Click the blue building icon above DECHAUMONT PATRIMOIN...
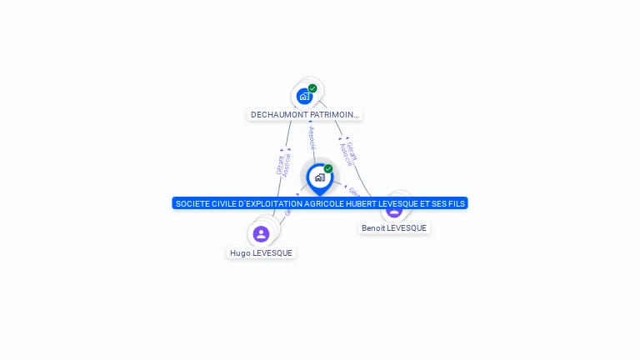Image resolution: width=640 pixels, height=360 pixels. click(x=304, y=97)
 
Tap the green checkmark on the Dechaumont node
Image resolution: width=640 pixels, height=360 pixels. click(x=312, y=88)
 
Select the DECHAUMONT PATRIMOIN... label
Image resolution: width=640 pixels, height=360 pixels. click(x=305, y=115)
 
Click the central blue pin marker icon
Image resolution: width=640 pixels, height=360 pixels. click(x=319, y=177)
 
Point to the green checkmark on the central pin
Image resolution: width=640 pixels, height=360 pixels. click(x=328, y=168)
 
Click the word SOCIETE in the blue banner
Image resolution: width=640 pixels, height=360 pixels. click(x=193, y=203)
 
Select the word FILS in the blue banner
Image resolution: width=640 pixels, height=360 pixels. click(x=457, y=203)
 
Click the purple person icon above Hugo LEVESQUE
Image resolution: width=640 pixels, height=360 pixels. click(x=261, y=234)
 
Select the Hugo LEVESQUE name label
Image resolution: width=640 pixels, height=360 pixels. click(x=262, y=253)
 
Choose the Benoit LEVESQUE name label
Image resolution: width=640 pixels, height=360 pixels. click(x=394, y=228)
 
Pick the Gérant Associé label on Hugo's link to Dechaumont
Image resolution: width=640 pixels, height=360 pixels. click(x=283, y=163)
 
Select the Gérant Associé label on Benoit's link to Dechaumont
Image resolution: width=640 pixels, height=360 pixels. click(x=349, y=153)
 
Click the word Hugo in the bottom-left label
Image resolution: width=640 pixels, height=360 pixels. click(x=240, y=253)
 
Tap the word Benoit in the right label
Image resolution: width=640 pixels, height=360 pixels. click(x=373, y=228)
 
